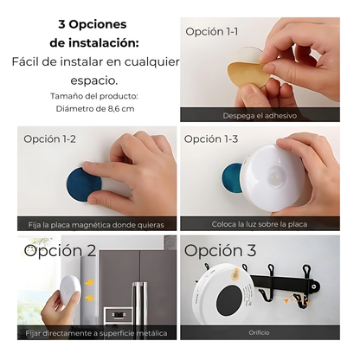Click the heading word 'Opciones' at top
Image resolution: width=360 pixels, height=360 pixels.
coord(98,24)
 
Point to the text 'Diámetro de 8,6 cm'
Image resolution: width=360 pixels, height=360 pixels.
coord(95,109)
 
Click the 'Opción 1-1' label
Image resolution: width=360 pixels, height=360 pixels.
coord(212,31)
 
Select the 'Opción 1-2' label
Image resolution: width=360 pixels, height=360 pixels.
coord(49,139)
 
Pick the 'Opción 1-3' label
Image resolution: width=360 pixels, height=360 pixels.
coord(211,139)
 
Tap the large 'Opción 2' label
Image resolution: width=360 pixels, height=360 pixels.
coord(60,250)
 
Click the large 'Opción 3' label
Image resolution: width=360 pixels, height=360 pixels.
coord(220,250)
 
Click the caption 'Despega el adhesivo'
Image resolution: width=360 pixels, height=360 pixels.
coord(260,116)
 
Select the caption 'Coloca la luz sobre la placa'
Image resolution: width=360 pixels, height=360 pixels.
coord(260,224)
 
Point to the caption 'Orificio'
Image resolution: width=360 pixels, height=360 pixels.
coord(259,332)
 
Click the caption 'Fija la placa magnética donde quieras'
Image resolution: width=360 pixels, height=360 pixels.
coord(96,225)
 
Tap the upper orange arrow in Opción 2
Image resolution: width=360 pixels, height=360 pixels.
coord(89,283)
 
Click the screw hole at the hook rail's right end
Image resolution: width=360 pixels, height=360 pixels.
coord(314,286)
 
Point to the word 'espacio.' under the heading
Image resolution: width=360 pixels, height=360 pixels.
coord(94,80)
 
